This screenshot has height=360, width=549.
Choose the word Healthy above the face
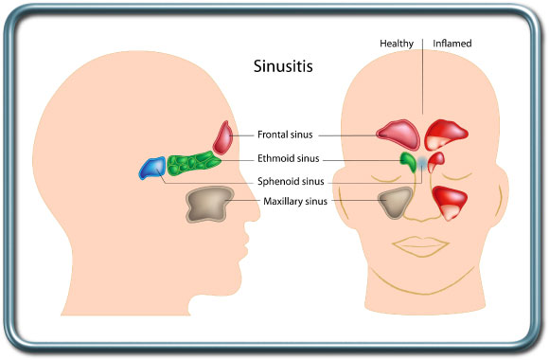(x=397, y=44)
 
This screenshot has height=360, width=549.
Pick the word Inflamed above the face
(x=452, y=44)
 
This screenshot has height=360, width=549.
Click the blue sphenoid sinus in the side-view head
(x=151, y=169)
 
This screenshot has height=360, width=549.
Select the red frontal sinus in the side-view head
(x=223, y=138)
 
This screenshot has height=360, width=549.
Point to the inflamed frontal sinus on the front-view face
(x=447, y=133)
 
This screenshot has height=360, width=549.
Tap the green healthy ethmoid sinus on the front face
(x=408, y=161)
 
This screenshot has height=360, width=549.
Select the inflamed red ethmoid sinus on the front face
(x=436, y=160)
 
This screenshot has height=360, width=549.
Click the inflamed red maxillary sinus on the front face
(x=451, y=202)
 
